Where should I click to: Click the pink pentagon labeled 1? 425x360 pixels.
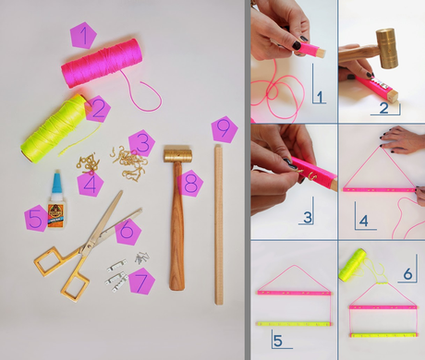pyautogui.click(x=83, y=36)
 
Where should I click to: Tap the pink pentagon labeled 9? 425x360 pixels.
pyautogui.click(x=225, y=129)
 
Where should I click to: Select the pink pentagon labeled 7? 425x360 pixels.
pyautogui.click(x=141, y=282)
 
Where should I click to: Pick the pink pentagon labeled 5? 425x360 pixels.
pyautogui.click(x=37, y=218)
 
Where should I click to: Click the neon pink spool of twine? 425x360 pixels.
pyautogui.click(x=102, y=63)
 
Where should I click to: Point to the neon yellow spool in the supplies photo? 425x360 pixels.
pyautogui.click(x=54, y=128)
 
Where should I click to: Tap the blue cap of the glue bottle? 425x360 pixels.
pyautogui.click(x=57, y=183)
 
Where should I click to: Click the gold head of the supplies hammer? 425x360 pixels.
pyautogui.click(x=177, y=155)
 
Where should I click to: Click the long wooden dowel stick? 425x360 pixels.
pyautogui.click(x=219, y=224)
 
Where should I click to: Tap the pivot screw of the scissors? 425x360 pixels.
pyautogui.click(x=91, y=246)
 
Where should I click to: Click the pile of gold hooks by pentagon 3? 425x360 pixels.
pyautogui.click(x=128, y=163)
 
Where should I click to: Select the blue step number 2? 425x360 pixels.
pyautogui.click(x=384, y=108)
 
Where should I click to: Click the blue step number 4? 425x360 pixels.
pyautogui.click(x=364, y=221)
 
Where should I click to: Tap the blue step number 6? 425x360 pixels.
pyautogui.click(x=407, y=273)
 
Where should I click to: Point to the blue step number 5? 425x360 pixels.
pyautogui.click(x=278, y=341)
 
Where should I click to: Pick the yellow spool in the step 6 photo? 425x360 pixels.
pyautogui.click(x=353, y=265)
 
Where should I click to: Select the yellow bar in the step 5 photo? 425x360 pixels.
pyautogui.click(x=295, y=324)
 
